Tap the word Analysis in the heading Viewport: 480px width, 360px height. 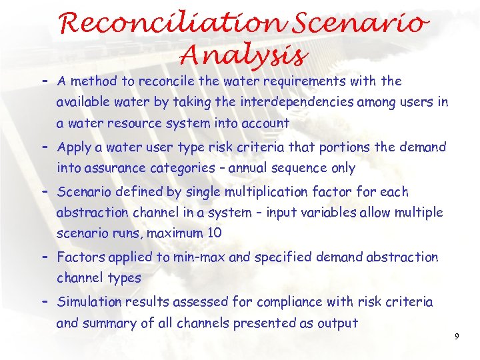pos(243,55)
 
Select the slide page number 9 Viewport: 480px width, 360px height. pos(457,337)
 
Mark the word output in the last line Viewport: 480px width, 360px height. pos(337,323)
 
